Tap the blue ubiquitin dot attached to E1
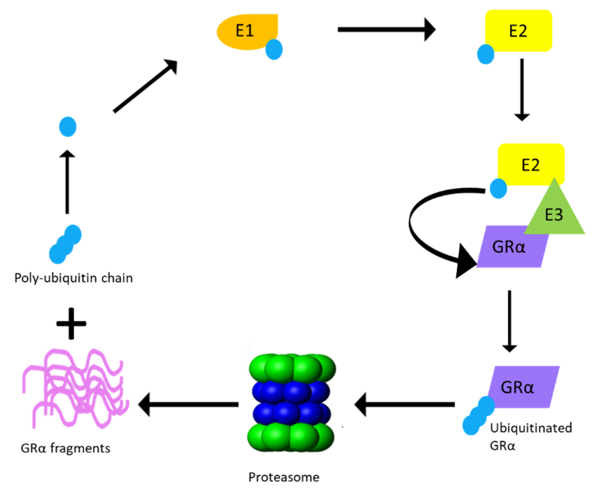point(274,49)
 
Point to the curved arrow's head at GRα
point(465,261)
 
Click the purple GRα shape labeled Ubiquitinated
point(525,387)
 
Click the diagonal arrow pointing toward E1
point(145,86)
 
